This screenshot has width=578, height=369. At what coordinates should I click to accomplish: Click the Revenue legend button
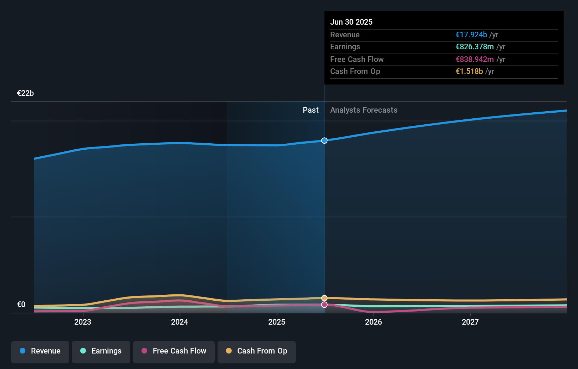tap(40, 351)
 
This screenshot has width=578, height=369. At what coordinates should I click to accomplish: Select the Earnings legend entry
tap(101, 351)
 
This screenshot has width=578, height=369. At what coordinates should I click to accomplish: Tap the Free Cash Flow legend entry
tap(174, 351)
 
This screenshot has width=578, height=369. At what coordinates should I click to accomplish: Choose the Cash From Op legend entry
tap(257, 351)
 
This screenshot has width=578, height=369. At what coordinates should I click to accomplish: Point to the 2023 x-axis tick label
tap(83, 322)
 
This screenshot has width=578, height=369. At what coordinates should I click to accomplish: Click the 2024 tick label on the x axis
tap(180, 322)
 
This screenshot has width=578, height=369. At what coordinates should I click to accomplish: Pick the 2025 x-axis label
tap(277, 322)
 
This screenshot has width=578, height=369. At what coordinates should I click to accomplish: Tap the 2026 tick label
tap(373, 322)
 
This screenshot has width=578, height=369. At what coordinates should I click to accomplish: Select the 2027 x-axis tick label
tap(470, 322)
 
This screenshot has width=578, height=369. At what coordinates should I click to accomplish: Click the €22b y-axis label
tap(25, 93)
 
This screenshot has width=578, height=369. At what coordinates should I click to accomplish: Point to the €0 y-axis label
tap(21, 305)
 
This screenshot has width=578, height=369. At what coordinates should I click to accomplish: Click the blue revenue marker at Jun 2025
tap(324, 140)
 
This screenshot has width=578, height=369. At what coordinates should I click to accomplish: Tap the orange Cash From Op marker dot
tap(324, 298)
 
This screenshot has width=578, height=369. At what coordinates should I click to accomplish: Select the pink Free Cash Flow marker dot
tap(324, 305)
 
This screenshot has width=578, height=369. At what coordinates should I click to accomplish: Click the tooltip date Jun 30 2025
tap(351, 22)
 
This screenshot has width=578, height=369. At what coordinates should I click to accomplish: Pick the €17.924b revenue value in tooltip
tap(471, 35)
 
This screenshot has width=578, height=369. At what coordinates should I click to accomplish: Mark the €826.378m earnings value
tap(475, 47)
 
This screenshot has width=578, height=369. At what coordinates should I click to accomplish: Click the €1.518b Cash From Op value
tap(469, 71)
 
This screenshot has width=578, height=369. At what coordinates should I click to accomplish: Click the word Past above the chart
tap(310, 110)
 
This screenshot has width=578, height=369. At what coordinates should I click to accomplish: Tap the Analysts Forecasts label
tap(364, 110)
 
